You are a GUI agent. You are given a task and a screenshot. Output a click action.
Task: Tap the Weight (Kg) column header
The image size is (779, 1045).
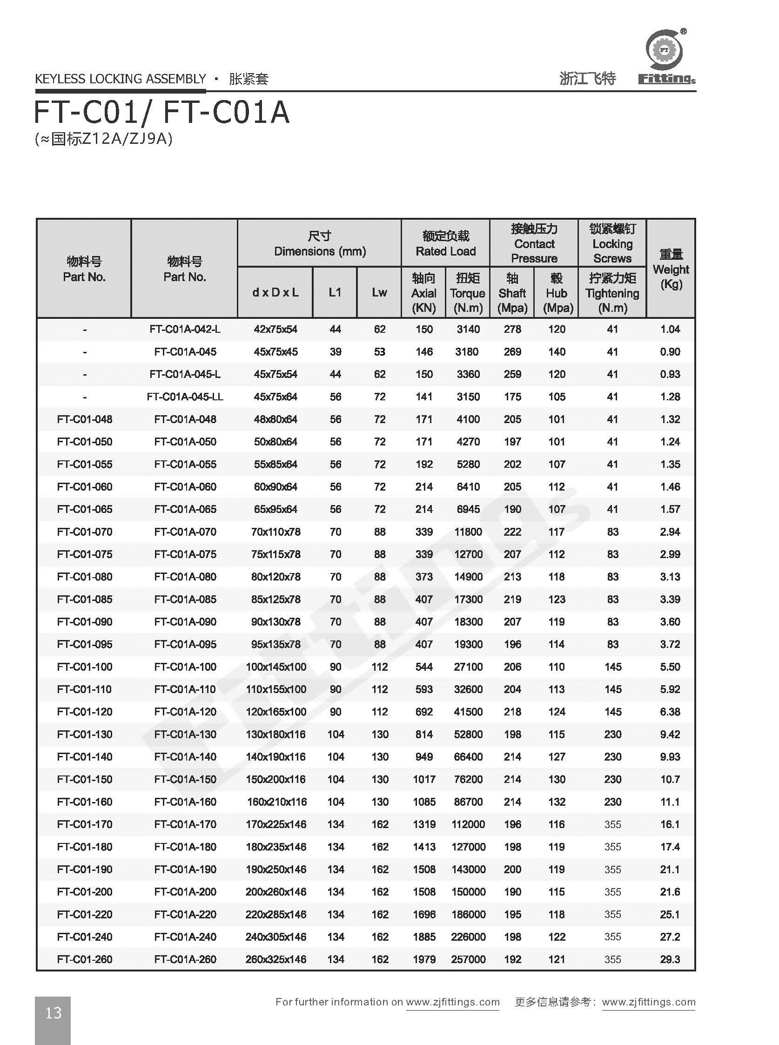pos(671,269)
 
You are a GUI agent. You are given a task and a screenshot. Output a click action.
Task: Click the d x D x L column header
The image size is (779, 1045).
pos(275,292)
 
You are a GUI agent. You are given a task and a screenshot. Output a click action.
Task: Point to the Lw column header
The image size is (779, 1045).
pos(379,292)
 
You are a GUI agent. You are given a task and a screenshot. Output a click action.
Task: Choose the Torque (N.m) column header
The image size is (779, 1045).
pos(467,293)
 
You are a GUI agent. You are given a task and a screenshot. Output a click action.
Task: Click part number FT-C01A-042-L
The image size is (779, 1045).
pos(185,329)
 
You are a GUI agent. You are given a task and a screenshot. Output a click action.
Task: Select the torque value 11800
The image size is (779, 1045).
pos(468,532)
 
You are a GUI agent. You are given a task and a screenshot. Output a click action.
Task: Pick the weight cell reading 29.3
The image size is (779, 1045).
pos(670,959)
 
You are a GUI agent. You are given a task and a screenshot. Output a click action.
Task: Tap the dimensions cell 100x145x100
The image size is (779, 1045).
pos(276,667)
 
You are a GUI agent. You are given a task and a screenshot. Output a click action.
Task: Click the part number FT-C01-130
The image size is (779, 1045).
pos(84,734)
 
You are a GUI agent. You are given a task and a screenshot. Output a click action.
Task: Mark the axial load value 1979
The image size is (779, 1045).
pos(424,959)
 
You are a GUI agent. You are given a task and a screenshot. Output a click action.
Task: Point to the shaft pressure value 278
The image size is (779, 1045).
pos(512,329)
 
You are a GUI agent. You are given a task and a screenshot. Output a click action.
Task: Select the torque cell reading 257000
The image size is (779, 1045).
pos(468,959)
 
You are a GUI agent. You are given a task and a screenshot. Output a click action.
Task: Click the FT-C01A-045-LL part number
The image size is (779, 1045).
pos(185,397)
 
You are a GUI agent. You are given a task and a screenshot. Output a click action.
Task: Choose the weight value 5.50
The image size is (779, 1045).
pos(670,667)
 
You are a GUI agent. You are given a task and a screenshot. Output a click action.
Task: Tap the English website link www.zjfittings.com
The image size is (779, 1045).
pos(453,1002)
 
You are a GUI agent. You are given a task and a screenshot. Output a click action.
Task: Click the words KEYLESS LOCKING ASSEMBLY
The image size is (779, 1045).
pos(121,79)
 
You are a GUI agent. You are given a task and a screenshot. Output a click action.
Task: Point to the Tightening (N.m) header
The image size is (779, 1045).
pos(612,293)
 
